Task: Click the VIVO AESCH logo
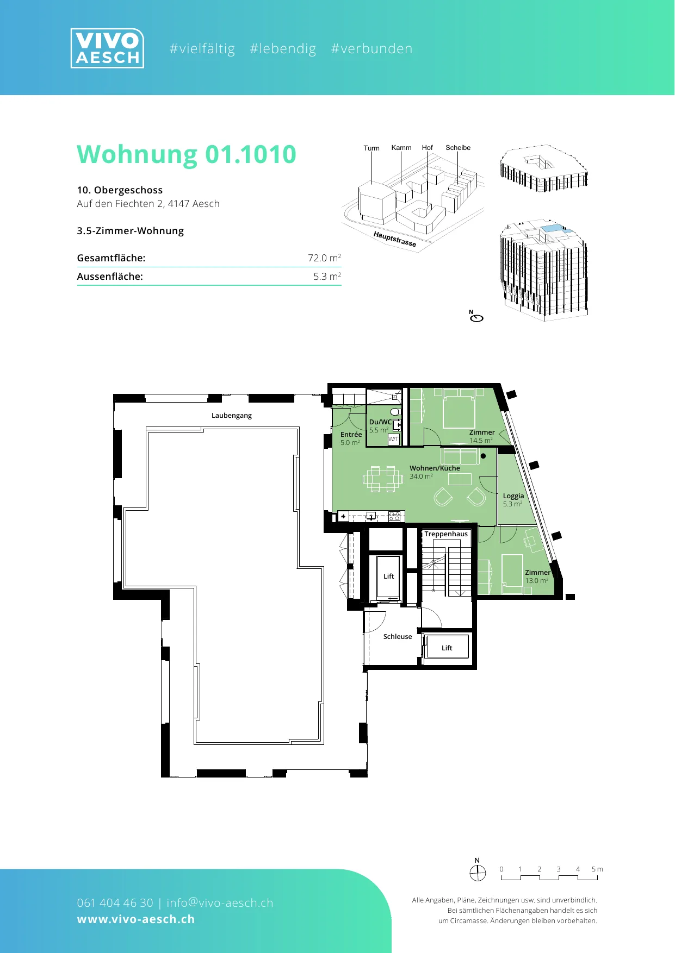click(107, 48)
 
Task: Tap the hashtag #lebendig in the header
click(283, 49)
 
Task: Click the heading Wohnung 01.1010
click(187, 155)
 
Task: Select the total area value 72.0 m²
click(324, 258)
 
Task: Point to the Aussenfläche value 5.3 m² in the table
click(327, 276)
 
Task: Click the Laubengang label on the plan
click(232, 416)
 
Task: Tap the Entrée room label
click(351, 434)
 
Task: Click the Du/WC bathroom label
click(380, 422)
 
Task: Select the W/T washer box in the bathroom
click(393, 439)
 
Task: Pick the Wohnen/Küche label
click(435, 468)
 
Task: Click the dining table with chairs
click(383, 479)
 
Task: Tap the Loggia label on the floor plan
click(513, 496)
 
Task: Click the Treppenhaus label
click(446, 534)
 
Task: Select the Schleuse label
click(398, 637)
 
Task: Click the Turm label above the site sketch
click(371, 148)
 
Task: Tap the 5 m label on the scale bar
click(597, 869)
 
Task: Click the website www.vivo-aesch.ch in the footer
click(136, 919)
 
